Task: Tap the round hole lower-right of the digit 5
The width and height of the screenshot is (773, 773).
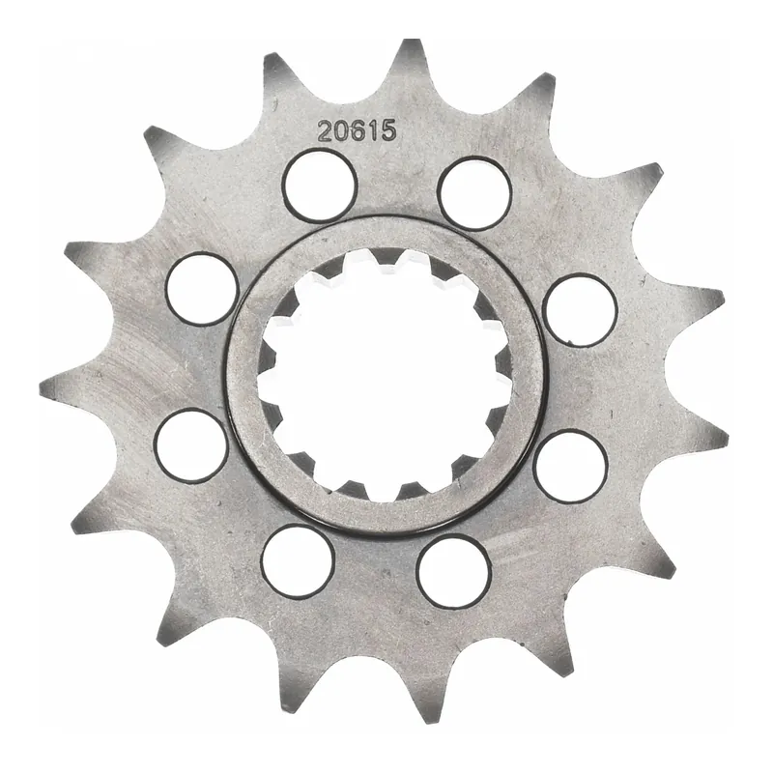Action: pos(473,191)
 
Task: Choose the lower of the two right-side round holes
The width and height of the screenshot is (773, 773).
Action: pos(570,467)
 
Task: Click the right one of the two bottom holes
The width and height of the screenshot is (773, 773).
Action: pos(454,572)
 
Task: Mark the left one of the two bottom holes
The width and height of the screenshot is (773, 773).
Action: pos(298,561)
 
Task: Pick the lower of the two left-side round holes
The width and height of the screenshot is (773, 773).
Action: pos(191,445)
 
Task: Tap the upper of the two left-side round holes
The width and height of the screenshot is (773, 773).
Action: pos(202,288)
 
